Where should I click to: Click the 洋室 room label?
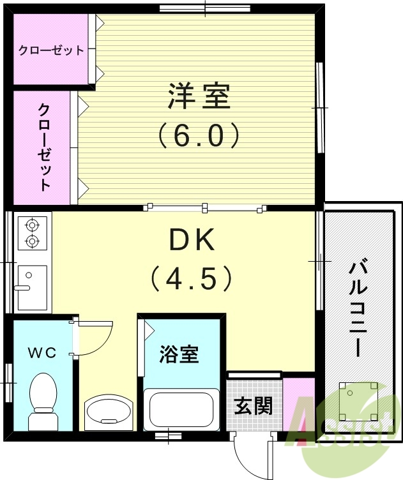[x=198, y=97]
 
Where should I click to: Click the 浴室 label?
[x=179, y=355]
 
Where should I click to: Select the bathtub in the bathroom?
[x=179, y=410]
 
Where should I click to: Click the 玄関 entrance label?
[x=254, y=406]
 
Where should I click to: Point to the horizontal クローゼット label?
[x=51, y=50]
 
